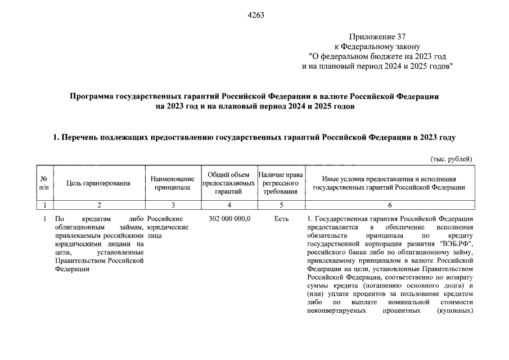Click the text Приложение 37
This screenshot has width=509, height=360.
(381, 38)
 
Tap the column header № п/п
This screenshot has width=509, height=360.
(44, 182)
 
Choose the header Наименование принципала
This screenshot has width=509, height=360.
(173, 182)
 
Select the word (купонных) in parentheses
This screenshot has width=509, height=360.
(454, 310)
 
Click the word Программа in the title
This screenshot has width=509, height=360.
(92, 97)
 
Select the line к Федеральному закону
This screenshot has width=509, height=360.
(381, 47)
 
